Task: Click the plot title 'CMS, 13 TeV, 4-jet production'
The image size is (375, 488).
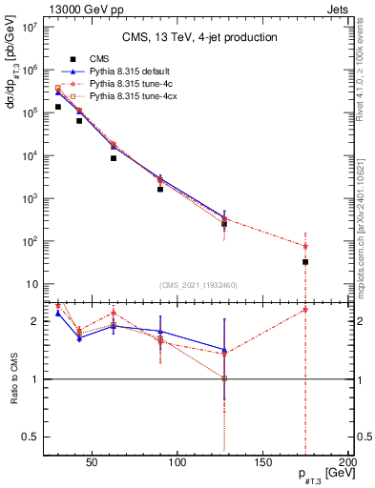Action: coord(200,37)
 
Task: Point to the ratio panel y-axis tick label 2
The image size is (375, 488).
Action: coord(35,321)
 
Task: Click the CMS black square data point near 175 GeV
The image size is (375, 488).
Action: coord(305,261)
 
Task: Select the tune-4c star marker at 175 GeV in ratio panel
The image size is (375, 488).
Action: coord(305,310)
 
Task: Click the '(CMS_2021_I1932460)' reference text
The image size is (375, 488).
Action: coord(199,285)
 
